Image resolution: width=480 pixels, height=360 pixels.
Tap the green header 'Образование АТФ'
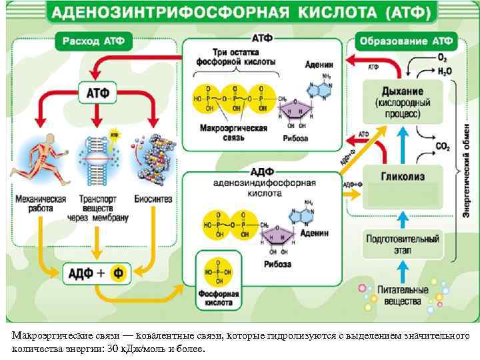(x=407, y=41)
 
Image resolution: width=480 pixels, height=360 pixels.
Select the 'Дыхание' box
(x=402, y=102)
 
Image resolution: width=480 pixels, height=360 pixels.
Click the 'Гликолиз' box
(x=402, y=177)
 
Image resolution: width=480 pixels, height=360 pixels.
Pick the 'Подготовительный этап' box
(x=402, y=243)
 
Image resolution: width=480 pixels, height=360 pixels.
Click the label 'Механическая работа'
(x=40, y=203)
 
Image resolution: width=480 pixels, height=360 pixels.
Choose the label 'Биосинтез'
(x=153, y=199)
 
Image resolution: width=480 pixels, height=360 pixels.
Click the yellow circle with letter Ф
(x=118, y=273)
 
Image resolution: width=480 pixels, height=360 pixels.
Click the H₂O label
(x=445, y=70)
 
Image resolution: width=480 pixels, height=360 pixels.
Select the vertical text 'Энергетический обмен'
(x=467, y=160)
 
